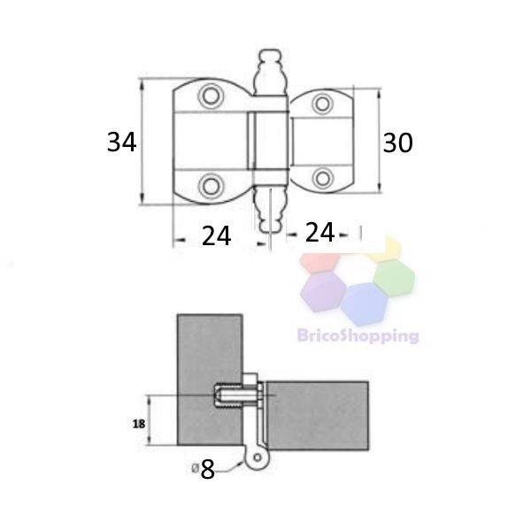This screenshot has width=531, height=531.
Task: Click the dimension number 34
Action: pos(122,142)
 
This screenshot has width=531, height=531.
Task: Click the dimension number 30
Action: pos(397,142)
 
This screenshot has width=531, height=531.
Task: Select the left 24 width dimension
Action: pos(217,236)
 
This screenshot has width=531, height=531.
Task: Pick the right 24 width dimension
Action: pos(319,232)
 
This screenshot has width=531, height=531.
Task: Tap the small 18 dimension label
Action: pos(139,424)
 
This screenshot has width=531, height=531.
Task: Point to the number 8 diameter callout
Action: pos(207,470)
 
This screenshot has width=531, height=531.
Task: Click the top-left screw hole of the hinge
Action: pos(211,96)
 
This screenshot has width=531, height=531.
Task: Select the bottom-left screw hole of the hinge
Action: pos(211,186)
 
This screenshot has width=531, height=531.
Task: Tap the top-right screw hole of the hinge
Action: pos(322,104)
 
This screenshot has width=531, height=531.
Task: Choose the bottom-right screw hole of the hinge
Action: pos(322,178)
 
